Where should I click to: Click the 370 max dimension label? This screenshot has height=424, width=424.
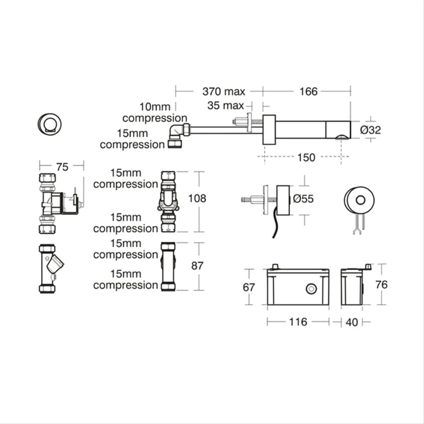click(224, 92)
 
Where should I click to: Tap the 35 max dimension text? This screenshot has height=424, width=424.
click(226, 106)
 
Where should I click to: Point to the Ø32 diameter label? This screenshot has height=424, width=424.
click(371, 130)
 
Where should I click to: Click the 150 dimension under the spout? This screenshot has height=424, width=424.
click(306, 157)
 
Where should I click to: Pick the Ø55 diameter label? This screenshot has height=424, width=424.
click(303, 198)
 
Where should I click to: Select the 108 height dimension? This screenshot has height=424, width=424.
click(198, 198)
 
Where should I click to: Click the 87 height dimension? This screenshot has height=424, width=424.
click(197, 266)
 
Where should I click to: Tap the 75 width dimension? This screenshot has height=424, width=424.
click(62, 167)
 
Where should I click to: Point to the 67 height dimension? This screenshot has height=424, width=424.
click(249, 287)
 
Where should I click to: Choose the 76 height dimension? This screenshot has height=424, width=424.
click(381, 285)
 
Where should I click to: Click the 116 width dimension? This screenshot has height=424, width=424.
click(298, 322)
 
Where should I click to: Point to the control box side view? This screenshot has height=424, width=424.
click(352, 287)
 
